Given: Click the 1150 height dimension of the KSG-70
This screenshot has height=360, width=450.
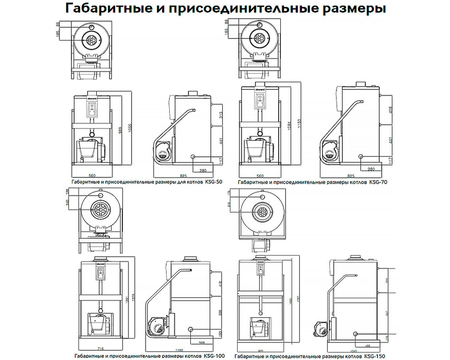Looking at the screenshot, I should [298, 125].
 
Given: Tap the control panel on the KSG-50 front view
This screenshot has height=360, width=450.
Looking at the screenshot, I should [93, 109].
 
